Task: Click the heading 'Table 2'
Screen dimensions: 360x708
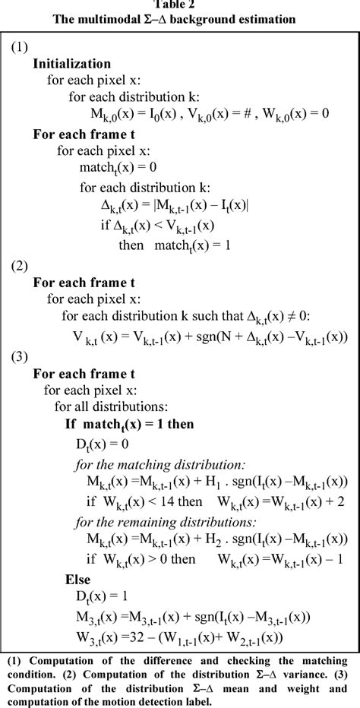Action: (x=179, y=5)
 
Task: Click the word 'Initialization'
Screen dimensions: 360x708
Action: (x=71, y=64)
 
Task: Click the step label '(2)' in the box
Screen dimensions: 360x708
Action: (x=20, y=266)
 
